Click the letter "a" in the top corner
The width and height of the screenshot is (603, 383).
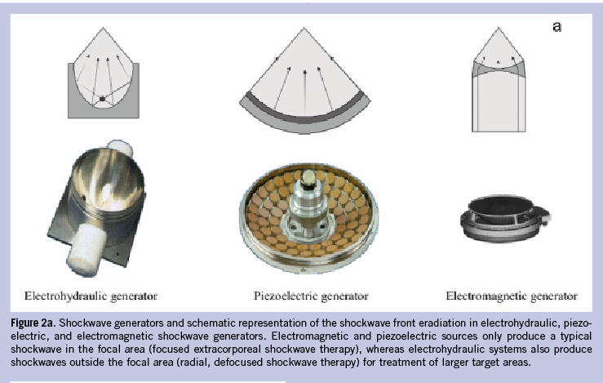[556, 26]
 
